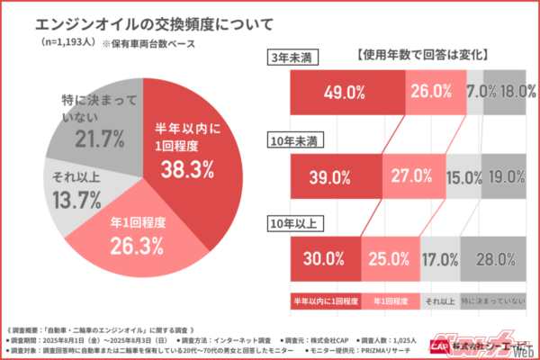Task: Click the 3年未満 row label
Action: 298,58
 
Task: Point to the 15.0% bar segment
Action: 463,176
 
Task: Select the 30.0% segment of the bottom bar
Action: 324,259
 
